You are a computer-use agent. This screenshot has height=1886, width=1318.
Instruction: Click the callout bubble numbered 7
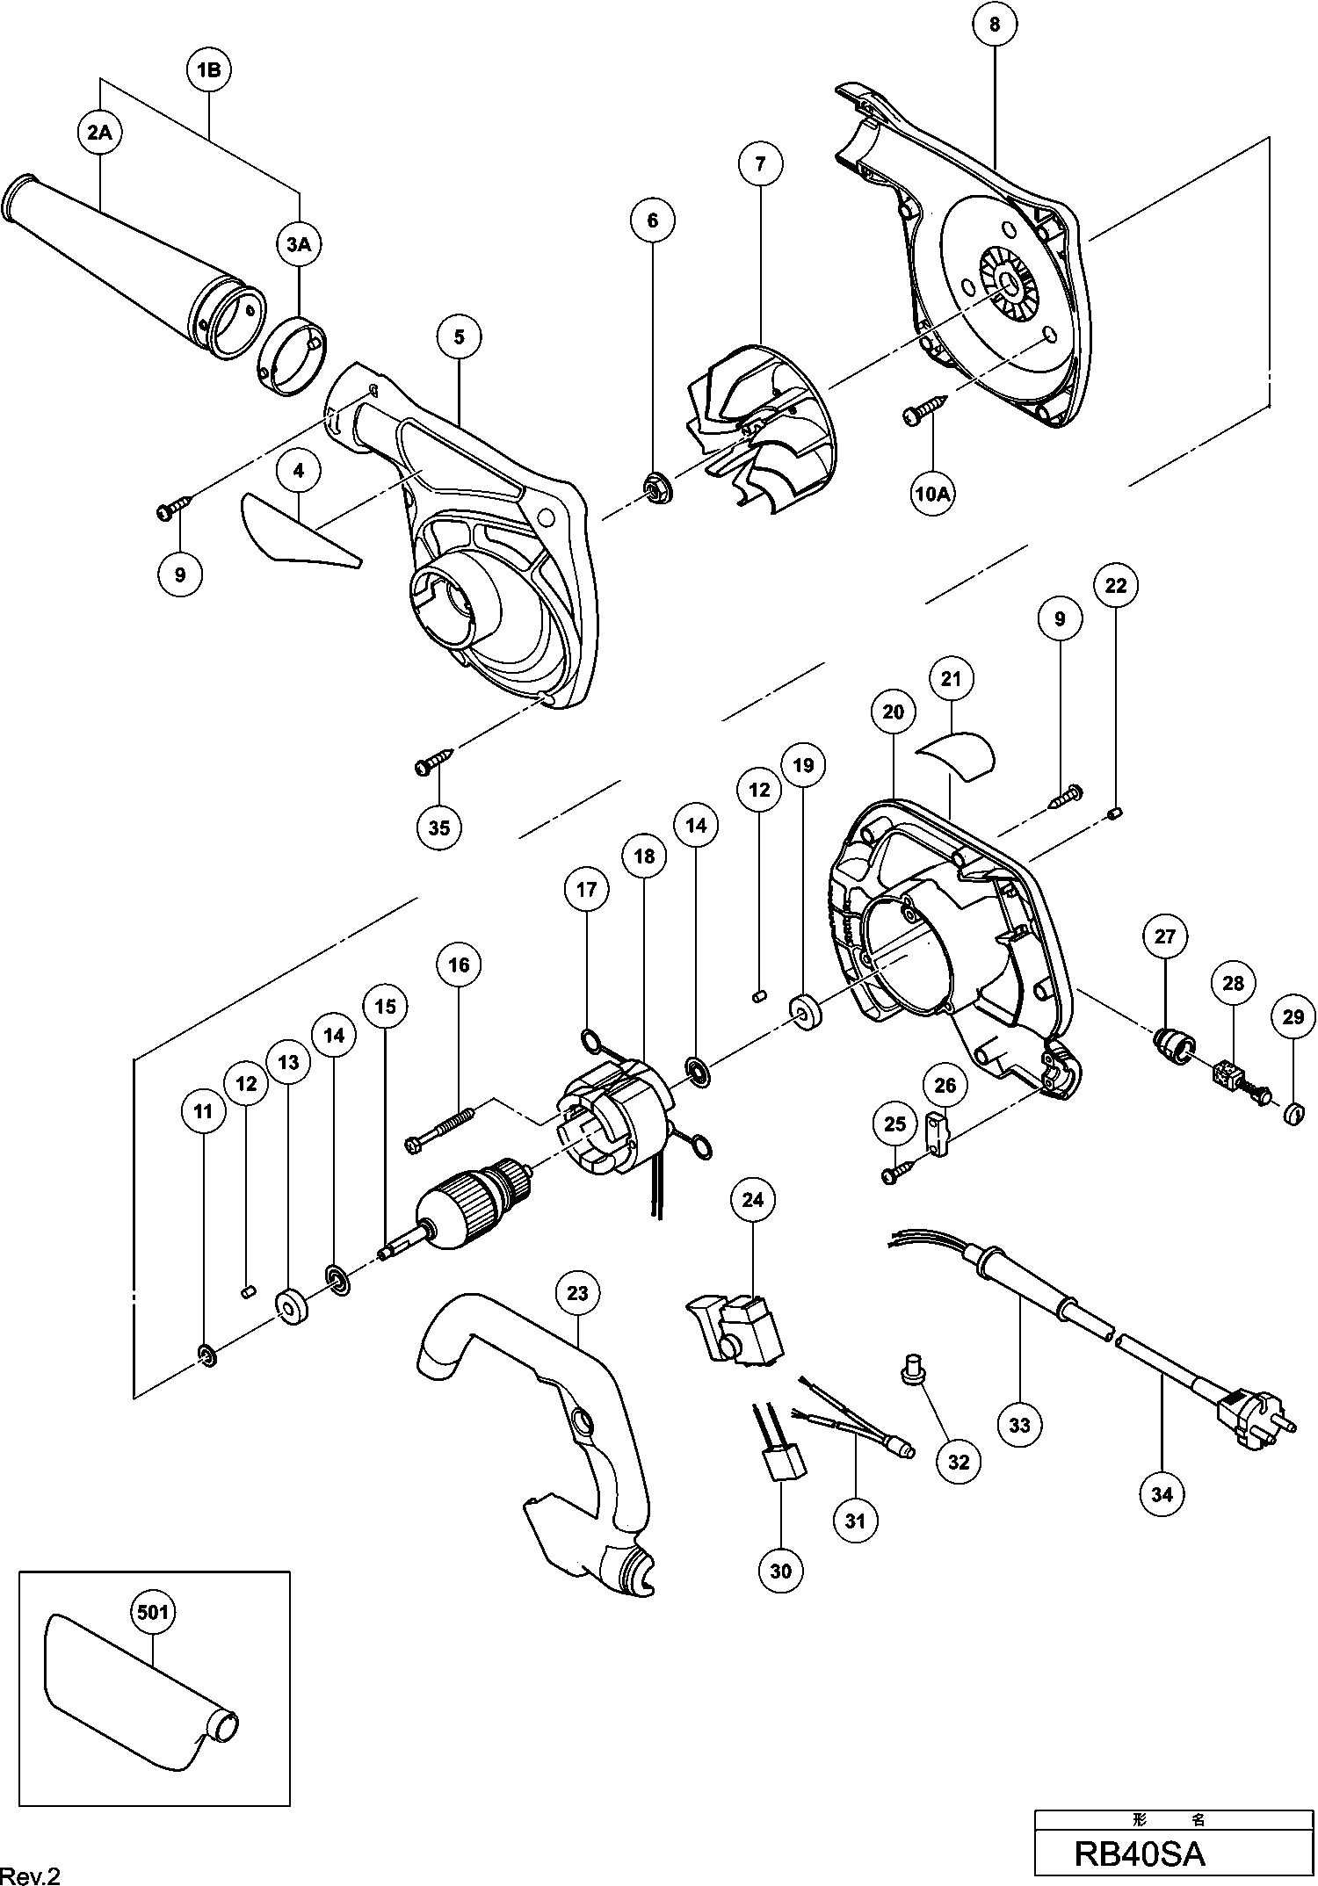(x=760, y=163)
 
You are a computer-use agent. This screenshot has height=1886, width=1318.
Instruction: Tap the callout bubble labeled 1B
(x=208, y=70)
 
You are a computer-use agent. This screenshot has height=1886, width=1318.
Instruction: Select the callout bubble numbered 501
(x=153, y=1612)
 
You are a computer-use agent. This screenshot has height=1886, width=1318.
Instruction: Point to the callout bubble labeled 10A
(x=933, y=494)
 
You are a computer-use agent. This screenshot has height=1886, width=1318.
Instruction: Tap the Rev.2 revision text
(x=31, y=1872)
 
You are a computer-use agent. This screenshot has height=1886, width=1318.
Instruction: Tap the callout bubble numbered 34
(x=1162, y=1494)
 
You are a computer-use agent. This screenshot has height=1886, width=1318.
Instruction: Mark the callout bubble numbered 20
(x=893, y=712)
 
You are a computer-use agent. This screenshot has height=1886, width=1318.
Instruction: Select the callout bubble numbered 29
(x=1293, y=1017)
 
